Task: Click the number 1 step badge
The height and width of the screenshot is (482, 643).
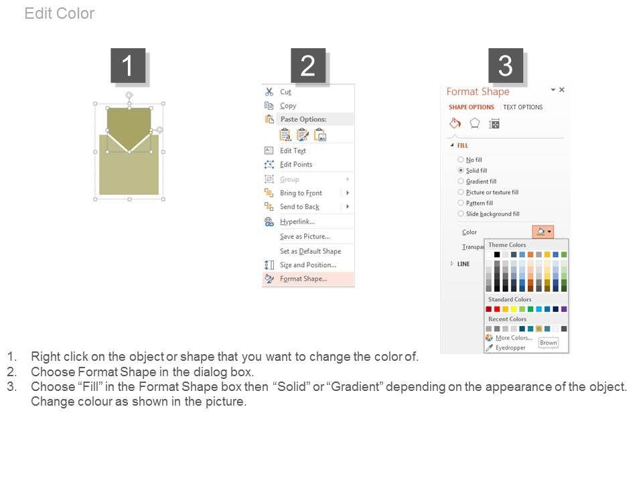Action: pyautogui.click(x=128, y=66)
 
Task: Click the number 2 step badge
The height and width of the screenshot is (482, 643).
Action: pyautogui.click(x=308, y=66)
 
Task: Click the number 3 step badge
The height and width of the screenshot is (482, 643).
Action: pyautogui.click(x=506, y=66)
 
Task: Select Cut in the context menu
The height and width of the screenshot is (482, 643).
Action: pyautogui.click(x=285, y=92)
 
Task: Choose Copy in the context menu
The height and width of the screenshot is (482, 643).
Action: pyautogui.click(x=288, y=106)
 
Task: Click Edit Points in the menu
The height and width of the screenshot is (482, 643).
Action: pyautogui.click(x=296, y=165)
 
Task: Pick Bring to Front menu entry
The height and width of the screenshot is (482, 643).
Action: pyautogui.click(x=301, y=193)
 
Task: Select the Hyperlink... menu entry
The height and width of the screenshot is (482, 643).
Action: pyautogui.click(x=297, y=222)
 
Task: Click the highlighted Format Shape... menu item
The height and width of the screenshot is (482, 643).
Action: pyautogui.click(x=303, y=278)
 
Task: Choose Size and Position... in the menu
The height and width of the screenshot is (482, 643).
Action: pyautogui.click(x=308, y=265)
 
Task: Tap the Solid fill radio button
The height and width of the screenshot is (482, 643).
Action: pyautogui.click(x=461, y=170)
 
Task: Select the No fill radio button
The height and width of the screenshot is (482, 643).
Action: pyautogui.click(x=461, y=159)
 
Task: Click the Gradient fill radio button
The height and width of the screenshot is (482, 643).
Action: pyautogui.click(x=461, y=181)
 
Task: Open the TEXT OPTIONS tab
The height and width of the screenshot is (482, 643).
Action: pyautogui.click(x=523, y=107)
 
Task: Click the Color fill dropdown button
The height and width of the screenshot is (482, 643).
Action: pyautogui.click(x=543, y=232)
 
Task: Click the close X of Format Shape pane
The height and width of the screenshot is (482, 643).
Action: pyautogui.click(x=562, y=89)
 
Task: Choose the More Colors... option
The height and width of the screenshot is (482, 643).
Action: pyautogui.click(x=514, y=337)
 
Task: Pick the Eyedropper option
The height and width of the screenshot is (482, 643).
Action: pyautogui.click(x=510, y=347)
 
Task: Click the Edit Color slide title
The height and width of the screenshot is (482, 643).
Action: pyautogui.click(x=60, y=13)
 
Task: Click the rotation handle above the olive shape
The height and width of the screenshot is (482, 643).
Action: pyautogui.click(x=129, y=96)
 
